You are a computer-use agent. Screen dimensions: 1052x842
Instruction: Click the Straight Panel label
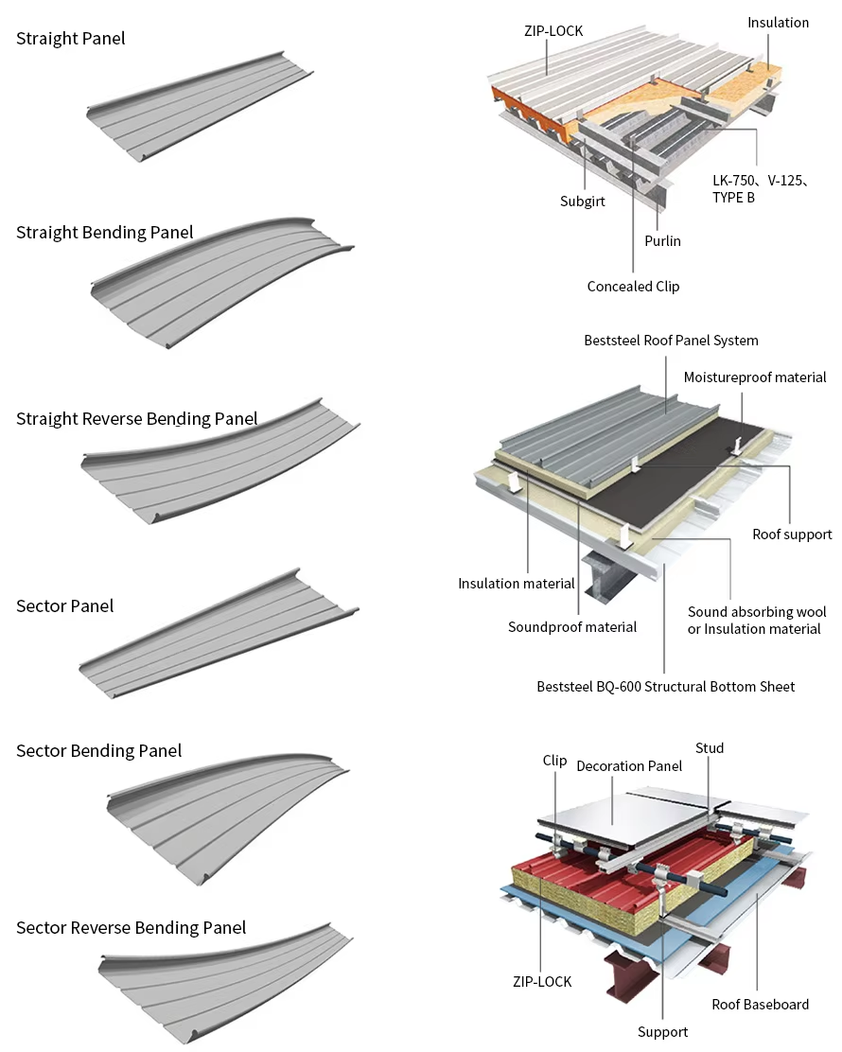(x=70, y=39)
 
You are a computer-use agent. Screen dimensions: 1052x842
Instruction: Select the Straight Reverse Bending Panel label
(x=136, y=418)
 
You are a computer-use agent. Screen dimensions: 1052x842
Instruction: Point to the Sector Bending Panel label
(x=98, y=751)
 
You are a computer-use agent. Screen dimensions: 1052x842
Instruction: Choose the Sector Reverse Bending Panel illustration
(x=227, y=984)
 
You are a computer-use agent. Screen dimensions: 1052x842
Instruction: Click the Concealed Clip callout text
(x=633, y=287)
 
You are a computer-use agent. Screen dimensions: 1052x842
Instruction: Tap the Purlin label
(x=662, y=241)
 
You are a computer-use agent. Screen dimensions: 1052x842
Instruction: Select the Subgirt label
(x=582, y=202)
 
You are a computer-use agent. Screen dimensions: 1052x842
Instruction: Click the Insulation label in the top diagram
(x=778, y=23)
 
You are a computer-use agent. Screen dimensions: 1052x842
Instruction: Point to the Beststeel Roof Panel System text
(x=671, y=341)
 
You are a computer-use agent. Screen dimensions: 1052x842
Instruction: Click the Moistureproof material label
(x=755, y=377)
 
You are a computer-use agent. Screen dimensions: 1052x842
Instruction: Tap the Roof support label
(x=792, y=535)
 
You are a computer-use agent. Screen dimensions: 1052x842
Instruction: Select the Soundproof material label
(x=571, y=627)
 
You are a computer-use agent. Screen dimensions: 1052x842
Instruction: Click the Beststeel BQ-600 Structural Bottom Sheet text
(x=665, y=687)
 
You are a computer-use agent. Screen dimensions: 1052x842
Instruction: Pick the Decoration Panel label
(x=629, y=766)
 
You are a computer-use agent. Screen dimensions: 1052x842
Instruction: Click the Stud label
(x=710, y=748)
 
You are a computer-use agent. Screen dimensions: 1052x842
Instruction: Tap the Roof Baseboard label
(x=760, y=1005)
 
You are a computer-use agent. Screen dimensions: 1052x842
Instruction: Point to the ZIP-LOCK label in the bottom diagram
(x=541, y=982)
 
